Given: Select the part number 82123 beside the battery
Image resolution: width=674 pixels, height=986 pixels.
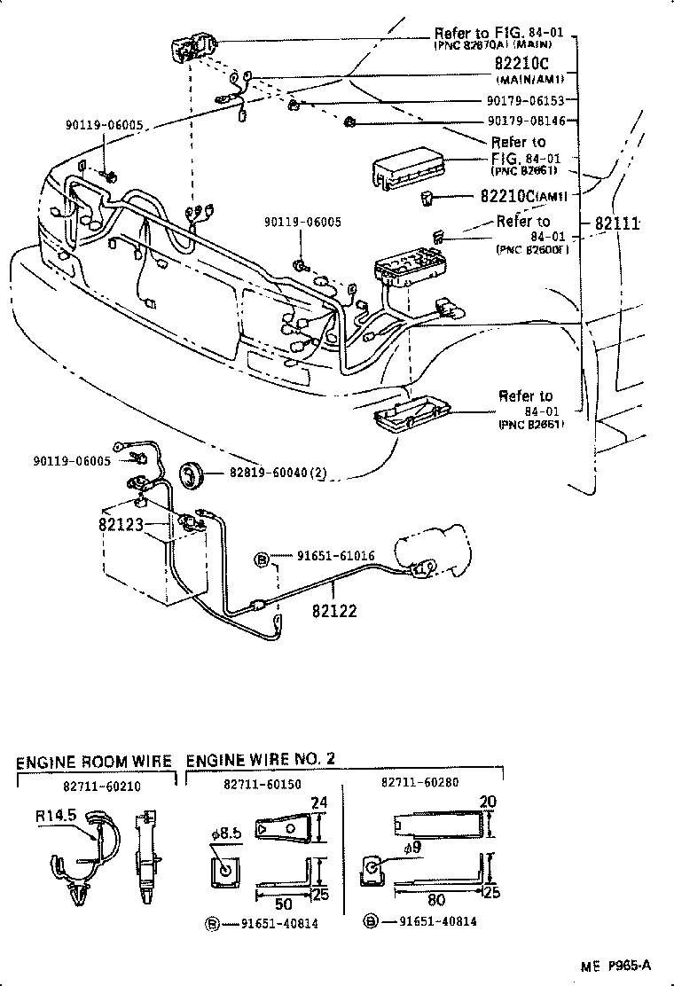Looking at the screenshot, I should [121, 524].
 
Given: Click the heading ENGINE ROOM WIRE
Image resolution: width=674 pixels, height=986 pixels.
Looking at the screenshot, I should [95, 762].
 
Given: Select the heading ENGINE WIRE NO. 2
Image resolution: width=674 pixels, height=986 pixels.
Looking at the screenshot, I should [261, 760].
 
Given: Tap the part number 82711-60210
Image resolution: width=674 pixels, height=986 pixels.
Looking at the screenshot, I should [101, 786].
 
